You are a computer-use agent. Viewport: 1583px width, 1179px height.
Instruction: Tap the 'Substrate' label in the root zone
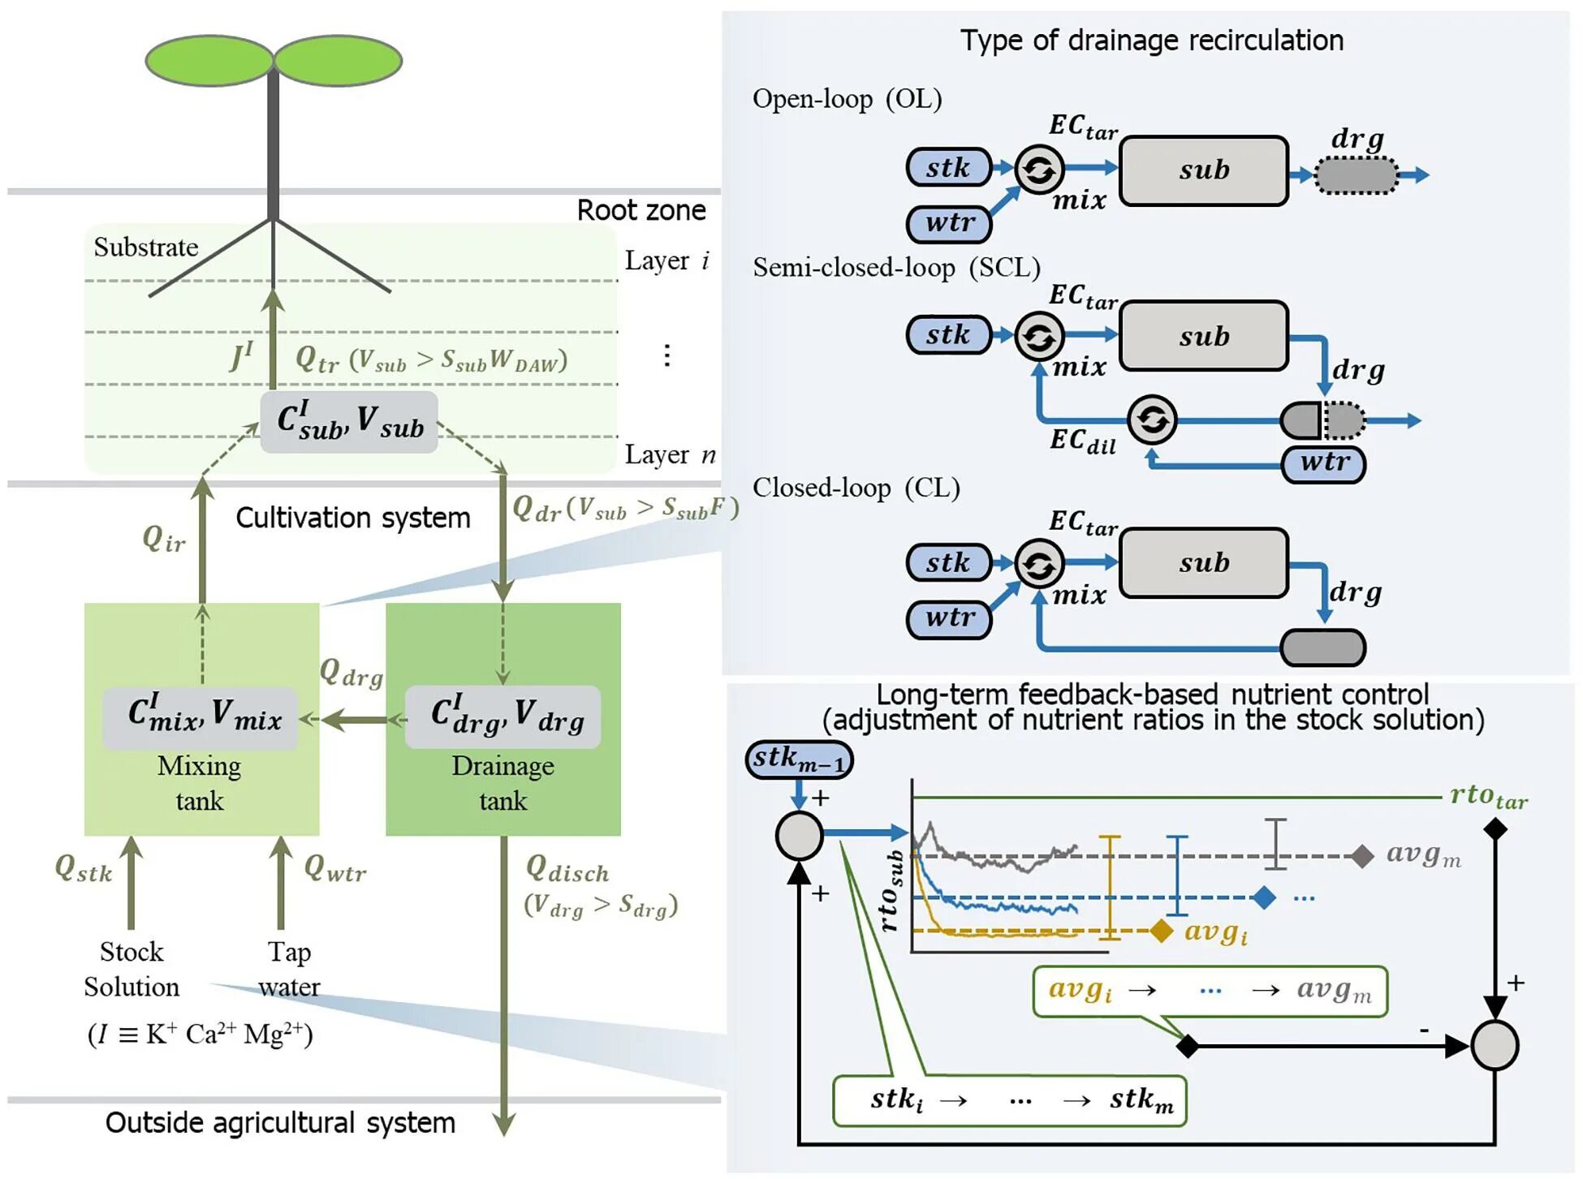(146, 247)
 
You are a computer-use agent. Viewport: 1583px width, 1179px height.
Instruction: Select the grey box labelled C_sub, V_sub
(349, 422)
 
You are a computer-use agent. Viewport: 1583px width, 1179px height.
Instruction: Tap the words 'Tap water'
(289, 969)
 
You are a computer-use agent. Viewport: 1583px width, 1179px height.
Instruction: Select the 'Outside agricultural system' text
(280, 1123)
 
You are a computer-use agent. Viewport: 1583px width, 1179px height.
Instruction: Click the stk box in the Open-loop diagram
(948, 168)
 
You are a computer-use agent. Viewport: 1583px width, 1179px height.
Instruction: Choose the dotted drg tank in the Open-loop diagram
(1356, 175)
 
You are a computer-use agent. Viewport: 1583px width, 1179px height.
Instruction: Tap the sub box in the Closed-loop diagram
(1204, 563)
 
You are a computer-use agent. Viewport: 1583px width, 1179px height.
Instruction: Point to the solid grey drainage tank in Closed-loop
(1322, 648)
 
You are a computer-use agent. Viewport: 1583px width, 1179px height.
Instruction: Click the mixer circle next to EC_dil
(1152, 420)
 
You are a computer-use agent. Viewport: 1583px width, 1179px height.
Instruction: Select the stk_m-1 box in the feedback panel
(799, 759)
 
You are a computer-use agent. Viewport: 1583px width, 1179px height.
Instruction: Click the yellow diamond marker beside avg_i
(1162, 931)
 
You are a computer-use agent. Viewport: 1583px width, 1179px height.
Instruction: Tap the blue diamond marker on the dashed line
(1264, 897)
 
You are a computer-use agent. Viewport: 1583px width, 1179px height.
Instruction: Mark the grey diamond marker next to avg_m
(1362, 856)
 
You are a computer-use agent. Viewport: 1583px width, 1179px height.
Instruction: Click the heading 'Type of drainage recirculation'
(1151, 41)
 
